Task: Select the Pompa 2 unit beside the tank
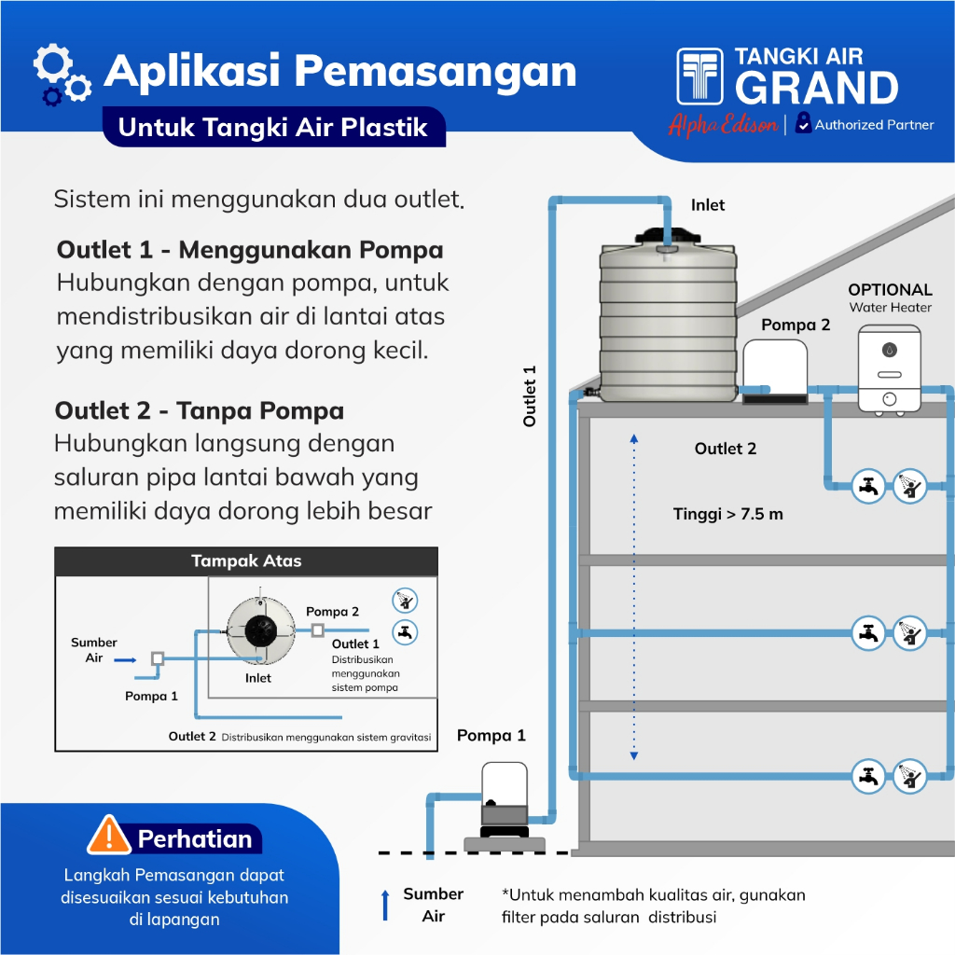[x=775, y=370]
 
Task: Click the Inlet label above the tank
[x=708, y=205]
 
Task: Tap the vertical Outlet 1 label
[x=530, y=395]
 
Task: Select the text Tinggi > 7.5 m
[x=728, y=514]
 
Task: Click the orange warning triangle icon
[x=108, y=836]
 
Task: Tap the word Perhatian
[x=195, y=838]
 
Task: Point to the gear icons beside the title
[x=62, y=75]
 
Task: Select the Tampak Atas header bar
[x=246, y=561]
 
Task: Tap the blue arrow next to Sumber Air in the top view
[x=126, y=658]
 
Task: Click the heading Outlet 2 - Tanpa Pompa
[x=200, y=411]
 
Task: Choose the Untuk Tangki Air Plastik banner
[x=273, y=128]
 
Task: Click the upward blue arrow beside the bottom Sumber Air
[x=385, y=906]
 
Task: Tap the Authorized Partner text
[x=874, y=125]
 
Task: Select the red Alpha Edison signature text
[x=723, y=125]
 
